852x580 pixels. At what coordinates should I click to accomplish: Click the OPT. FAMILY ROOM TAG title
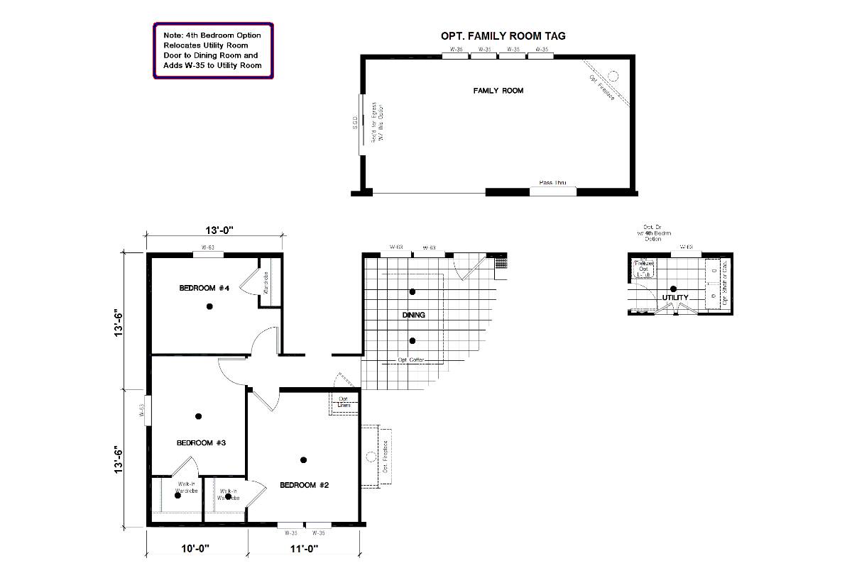point(503,36)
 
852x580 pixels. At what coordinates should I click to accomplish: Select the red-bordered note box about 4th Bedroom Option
point(213,50)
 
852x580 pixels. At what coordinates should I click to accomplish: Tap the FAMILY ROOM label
point(498,91)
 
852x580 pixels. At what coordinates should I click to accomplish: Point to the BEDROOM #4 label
point(204,288)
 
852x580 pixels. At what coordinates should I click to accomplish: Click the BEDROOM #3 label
point(201,442)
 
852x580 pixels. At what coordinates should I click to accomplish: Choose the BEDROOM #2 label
point(305,485)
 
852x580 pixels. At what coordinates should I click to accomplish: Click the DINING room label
point(413,315)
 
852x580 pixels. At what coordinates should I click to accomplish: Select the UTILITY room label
point(675,297)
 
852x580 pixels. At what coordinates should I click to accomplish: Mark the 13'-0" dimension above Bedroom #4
point(219,230)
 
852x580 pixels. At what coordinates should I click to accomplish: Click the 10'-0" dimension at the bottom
point(195,548)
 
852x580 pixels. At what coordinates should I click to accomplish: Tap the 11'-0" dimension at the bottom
point(305,548)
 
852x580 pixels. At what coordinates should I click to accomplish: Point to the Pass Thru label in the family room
point(552,183)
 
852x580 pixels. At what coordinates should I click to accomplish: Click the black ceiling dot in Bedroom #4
point(209,306)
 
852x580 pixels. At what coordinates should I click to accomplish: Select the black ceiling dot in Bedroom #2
point(303,460)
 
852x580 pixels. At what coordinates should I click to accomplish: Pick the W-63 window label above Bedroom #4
point(208,248)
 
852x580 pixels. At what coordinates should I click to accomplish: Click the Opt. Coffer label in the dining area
point(410,360)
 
